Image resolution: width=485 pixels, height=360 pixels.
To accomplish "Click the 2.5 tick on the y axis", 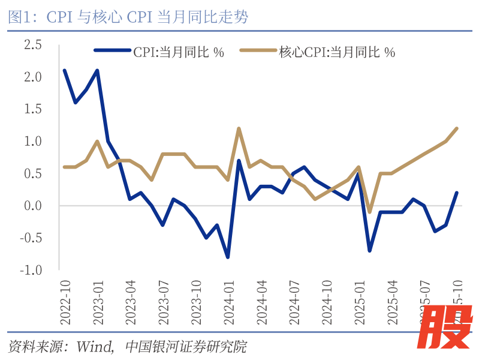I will click(32, 45).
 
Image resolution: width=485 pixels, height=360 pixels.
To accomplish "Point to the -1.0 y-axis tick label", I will click(31, 270).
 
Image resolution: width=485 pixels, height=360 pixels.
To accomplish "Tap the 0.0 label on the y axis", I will click(32, 206).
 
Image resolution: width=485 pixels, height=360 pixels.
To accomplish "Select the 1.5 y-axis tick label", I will click(32, 109).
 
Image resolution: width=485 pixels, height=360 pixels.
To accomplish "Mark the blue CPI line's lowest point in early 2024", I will click(228, 257).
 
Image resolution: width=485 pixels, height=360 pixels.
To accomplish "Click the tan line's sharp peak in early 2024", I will click(239, 128).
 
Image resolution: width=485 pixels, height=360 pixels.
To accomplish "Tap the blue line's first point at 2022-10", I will click(64, 70).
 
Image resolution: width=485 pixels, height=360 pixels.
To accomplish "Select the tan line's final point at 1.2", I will click(457, 128).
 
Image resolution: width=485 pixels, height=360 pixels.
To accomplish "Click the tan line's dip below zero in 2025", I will click(370, 212).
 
